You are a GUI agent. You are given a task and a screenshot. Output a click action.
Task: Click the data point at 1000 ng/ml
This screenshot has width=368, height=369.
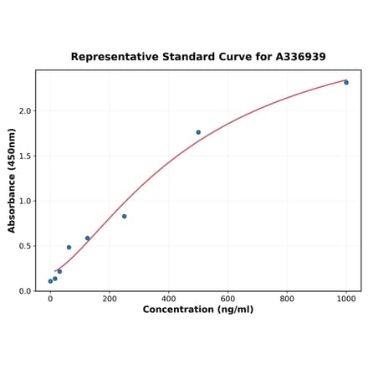(346, 82)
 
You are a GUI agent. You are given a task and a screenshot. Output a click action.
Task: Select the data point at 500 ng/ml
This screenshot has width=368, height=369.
(198, 132)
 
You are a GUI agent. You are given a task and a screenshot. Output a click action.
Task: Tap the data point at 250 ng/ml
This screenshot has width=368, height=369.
(125, 217)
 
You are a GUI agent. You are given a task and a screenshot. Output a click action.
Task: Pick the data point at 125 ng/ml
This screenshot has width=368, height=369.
(87, 238)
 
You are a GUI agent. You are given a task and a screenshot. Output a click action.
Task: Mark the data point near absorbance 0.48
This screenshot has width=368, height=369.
(69, 248)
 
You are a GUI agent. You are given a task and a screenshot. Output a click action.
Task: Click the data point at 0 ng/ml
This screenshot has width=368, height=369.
(50, 281)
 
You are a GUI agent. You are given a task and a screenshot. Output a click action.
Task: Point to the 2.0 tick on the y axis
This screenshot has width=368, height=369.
(24, 110)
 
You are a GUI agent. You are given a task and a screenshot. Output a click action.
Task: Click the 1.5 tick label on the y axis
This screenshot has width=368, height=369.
(24, 156)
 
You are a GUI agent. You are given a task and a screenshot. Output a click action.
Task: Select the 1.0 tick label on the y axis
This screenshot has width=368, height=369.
(24, 201)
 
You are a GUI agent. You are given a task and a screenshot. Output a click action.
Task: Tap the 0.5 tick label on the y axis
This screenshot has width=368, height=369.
(24, 246)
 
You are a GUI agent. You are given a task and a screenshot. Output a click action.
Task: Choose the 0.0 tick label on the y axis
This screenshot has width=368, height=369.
(24, 291)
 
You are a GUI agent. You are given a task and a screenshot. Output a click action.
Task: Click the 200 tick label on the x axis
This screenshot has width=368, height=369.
(110, 299)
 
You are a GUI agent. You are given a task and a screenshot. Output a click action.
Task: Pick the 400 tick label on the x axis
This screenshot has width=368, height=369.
(169, 299)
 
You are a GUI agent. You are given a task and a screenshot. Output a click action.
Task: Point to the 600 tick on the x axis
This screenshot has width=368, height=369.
(227, 299)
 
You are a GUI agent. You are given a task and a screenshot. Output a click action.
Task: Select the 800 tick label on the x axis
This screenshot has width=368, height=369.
(287, 299)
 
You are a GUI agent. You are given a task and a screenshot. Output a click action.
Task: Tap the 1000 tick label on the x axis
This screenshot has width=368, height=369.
(346, 299)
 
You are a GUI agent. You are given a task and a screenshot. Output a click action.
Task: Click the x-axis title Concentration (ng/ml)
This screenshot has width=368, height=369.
(198, 310)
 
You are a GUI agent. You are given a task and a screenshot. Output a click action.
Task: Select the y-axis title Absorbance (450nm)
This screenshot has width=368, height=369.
(12, 180)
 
